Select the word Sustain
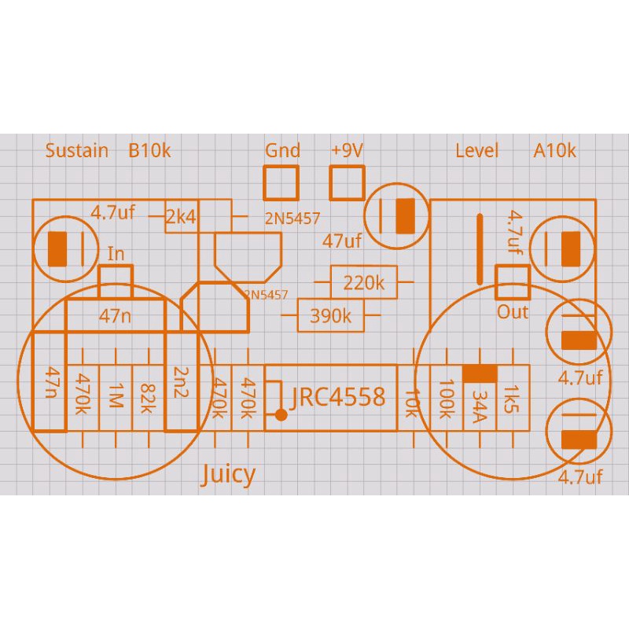coord(77,150)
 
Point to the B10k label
coord(149,150)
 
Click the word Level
coord(477,150)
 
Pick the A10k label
coord(555,150)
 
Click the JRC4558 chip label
coord(338,397)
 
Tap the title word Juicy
coord(228,474)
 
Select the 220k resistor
coord(364,282)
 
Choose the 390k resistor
coord(331,316)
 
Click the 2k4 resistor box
coord(182,216)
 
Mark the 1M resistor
coord(116,398)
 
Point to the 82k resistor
coord(148,398)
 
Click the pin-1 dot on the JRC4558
coord(280,414)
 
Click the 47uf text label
coord(342,241)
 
